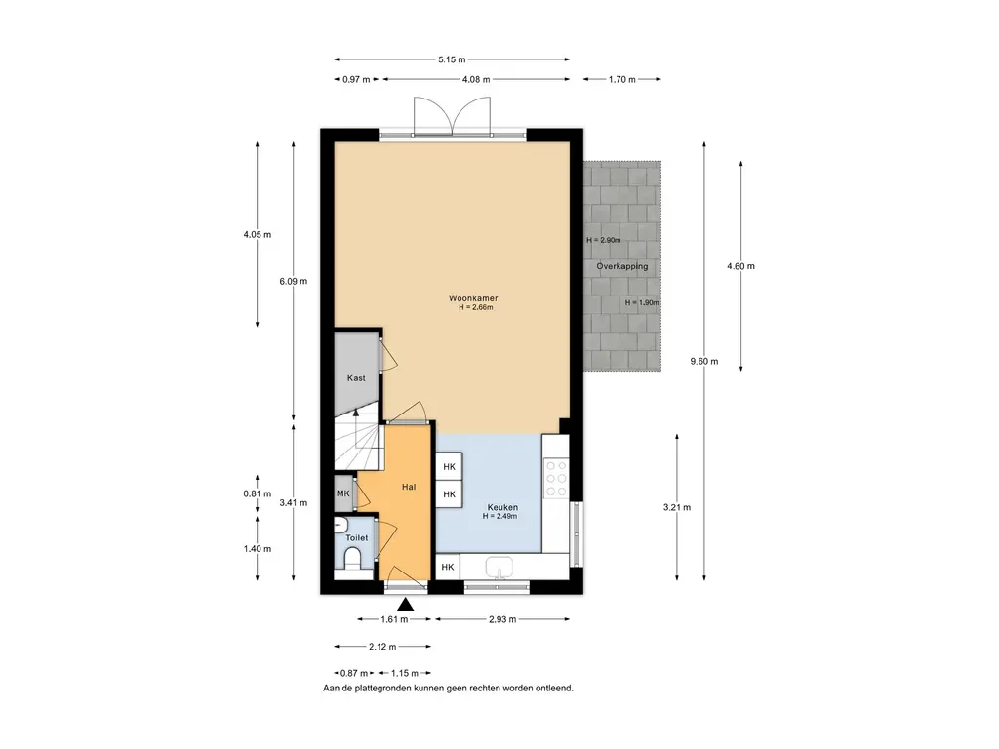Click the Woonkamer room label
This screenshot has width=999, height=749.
[x=473, y=298]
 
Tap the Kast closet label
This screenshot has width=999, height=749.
[x=356, y=378]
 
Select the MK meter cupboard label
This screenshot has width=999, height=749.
[x=342, y=493]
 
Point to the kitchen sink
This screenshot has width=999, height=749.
[x=499, y=567]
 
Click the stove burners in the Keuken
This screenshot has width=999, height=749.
[x=555, y=478]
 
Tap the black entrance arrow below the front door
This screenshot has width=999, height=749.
[x=405, y=604]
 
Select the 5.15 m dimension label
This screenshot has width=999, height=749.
[x=452, y=59]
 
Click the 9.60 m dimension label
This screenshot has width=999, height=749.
[x=704, y=361]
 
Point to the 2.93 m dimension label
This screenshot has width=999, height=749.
[x=502, y=619]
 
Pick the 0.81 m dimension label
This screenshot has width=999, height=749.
[x=258, y=493]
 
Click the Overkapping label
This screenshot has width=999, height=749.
[x=621, y=266]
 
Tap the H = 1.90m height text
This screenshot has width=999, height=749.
[x=642, y=303]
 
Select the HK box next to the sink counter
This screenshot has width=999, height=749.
[x=447, y=567]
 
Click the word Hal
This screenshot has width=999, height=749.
[x=409, y=487]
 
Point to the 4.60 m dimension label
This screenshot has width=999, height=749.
[x=741, y=266]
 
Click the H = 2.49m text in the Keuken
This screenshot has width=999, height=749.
[x=499, y=516]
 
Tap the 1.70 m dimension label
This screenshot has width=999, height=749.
[x=621, y=80]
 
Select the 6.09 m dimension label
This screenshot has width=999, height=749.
[x=293, y=281]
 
